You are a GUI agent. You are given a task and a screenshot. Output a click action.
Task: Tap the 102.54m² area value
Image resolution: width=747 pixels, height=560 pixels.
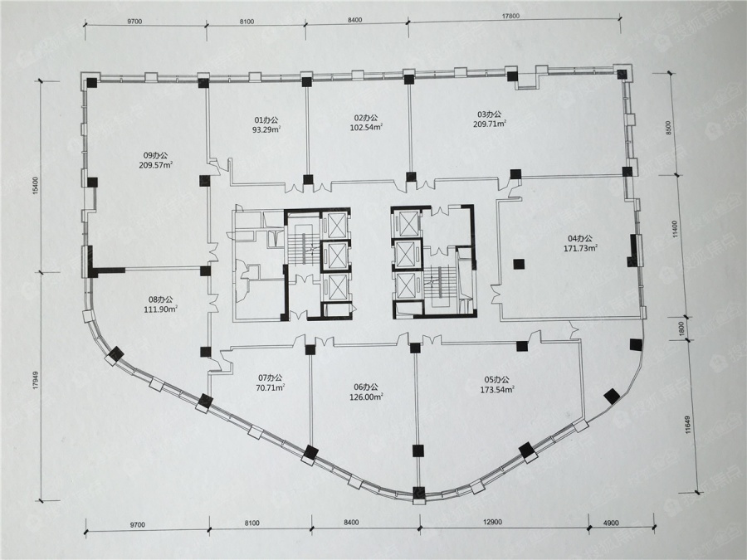pyautogui.click(x=366, y=127)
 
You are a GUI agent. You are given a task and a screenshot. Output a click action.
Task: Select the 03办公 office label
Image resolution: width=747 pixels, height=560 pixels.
pyautogui.click(x=489, y=114)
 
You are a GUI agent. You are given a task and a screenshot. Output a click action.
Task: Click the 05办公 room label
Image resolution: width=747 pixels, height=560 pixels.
pyautogui.click(x=497, y=380)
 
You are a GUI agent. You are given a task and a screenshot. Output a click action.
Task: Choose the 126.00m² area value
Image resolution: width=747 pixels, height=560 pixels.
pyautogui.click(x=366, y=397)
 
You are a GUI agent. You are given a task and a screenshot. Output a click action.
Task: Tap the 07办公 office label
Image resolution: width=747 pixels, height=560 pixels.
pyautogui.click(x=270, y=378)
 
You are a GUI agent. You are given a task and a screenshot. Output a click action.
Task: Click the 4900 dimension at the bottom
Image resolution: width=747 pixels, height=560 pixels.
pyautogui.click(x=611, y=523)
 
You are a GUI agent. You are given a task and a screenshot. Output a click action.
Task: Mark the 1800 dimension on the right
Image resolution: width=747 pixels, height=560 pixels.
pyautogui.click(x=681, y=329)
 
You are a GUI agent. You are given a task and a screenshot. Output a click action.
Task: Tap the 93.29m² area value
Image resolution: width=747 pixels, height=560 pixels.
pyautogui.click(x=266, y=129)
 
